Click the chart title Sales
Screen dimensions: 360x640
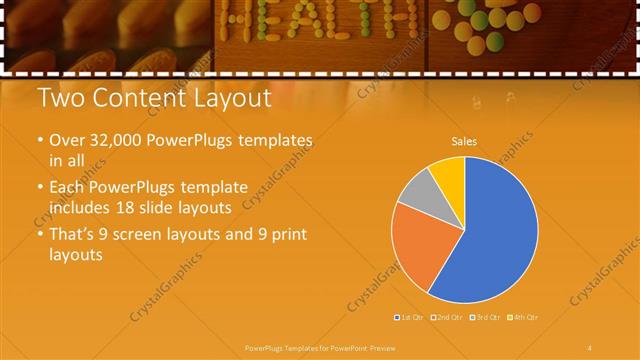coord(464,141)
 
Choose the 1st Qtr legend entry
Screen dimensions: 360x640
coord(409,317)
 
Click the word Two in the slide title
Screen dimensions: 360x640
coord(59,99)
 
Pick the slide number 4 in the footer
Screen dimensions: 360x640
coord(589,347)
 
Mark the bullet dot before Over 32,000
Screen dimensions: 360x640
coord(39,142)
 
